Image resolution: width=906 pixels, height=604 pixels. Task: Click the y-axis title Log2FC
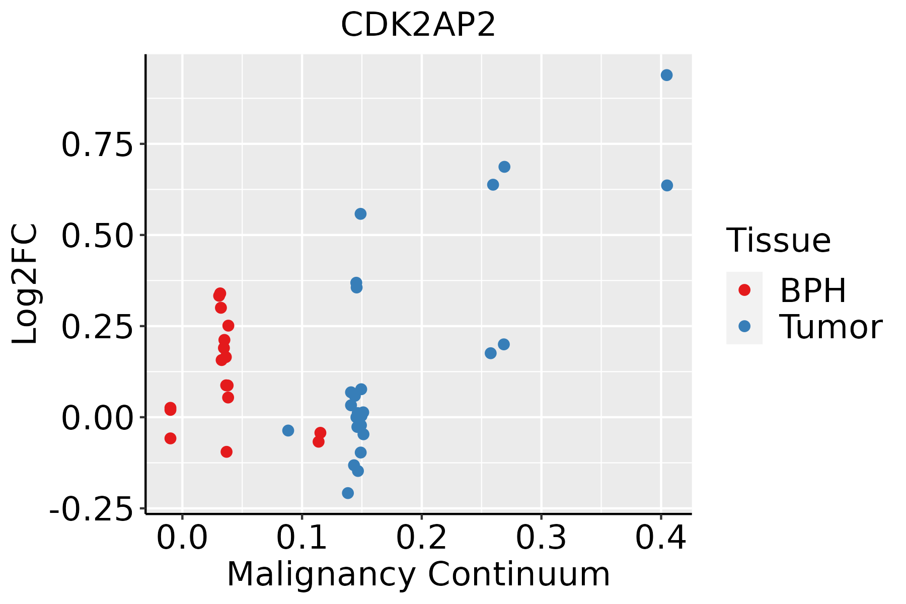25,284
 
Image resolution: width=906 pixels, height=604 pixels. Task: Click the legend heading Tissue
779,241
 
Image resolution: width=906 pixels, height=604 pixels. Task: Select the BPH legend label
813,290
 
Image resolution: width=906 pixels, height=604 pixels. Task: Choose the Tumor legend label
830,327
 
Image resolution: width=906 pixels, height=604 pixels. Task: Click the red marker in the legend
744,290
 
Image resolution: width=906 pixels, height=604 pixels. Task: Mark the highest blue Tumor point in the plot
666,75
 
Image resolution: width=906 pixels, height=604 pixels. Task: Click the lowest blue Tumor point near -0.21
348,493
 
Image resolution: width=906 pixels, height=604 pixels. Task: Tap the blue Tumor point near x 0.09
288,430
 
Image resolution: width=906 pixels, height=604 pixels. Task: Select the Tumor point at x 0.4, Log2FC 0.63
667,186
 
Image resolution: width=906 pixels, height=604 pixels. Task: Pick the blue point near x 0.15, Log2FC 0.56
360,214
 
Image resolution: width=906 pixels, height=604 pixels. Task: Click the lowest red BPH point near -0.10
226,451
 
